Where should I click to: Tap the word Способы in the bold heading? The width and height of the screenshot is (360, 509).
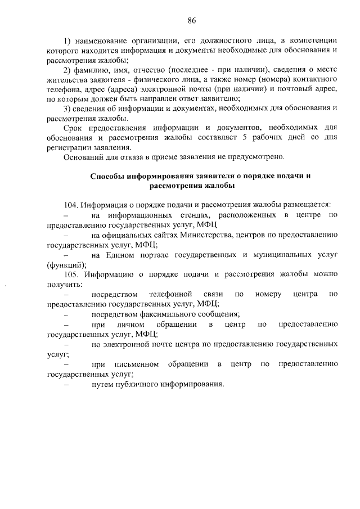coord(108,176)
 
